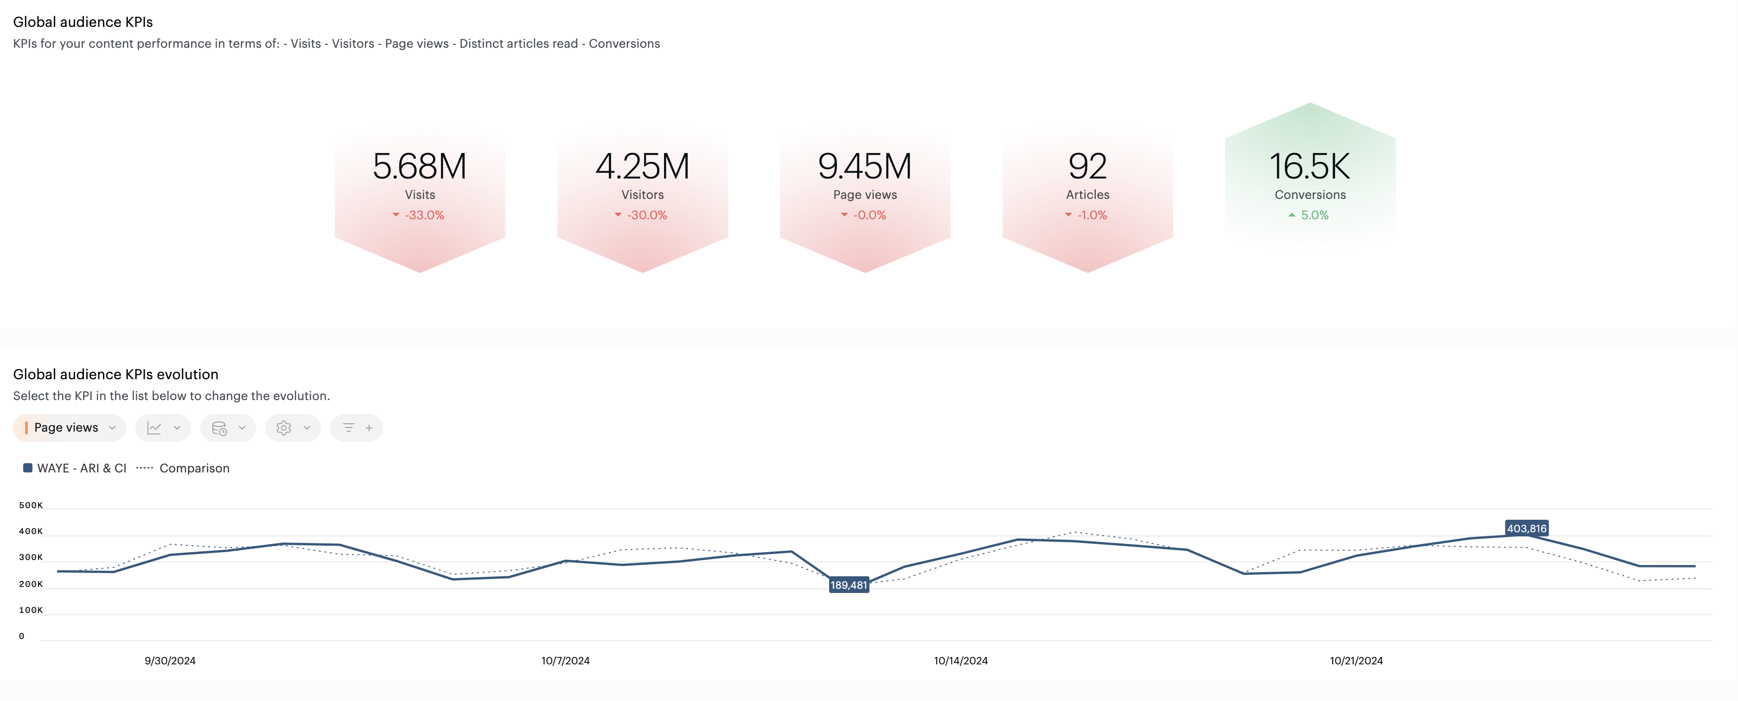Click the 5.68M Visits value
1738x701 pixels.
pos(419,166)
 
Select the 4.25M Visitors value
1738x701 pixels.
pos(642,166)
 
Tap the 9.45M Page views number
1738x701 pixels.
pos(864,166)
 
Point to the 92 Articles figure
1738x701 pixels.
pos(1087,166)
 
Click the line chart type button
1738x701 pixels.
pos(163,428)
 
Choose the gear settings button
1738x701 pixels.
pos(292,428)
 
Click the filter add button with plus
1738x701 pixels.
pos(356,428)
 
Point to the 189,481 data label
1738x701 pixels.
pos(848,585)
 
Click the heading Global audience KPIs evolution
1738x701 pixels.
pos(115,375)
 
